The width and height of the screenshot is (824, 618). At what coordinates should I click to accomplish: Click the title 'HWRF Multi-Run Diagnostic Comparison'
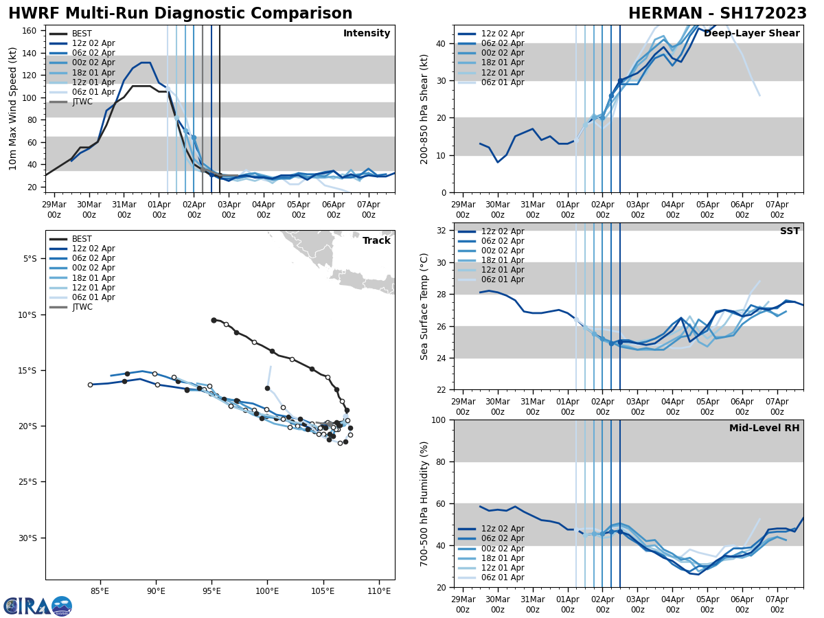(x=180, y=14)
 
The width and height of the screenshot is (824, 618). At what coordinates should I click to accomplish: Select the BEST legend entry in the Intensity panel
(x=82, y=34)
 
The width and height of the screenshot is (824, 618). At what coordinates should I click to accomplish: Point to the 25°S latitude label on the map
(x=30, y=482)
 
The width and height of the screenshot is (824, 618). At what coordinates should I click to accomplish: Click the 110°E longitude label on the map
(x=379, y=591)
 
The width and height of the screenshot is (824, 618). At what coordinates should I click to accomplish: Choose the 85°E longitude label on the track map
(x=100, y=591)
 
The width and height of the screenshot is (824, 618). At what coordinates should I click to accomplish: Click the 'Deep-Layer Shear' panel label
(x=751, y=34)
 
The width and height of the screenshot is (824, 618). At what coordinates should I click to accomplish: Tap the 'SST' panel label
(x=789, y=231)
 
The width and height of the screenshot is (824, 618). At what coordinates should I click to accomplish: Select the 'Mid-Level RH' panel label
(x=764, y=428)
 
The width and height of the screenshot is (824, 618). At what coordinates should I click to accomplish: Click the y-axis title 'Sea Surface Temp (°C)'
(x=424, y=306)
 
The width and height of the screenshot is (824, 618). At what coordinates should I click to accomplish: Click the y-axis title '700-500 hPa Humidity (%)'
(x=424, y=503)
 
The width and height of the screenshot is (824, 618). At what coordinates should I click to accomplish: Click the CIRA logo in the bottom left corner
(x=37, y=606)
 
